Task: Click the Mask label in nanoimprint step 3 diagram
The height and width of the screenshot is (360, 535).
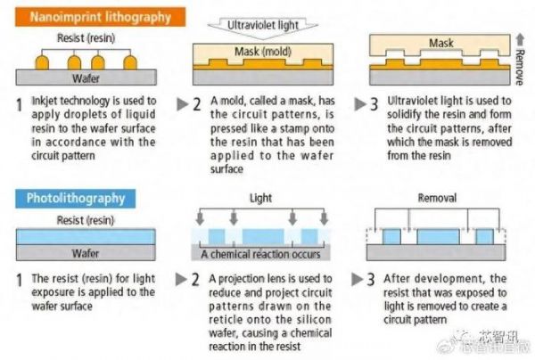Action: coord(441,43)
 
